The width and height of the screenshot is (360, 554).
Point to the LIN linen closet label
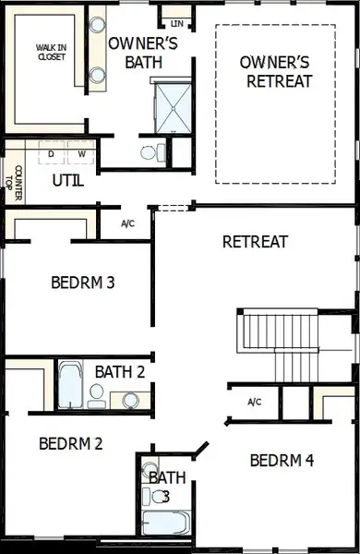coord(176,23)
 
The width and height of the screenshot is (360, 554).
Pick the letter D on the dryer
coord(52,153)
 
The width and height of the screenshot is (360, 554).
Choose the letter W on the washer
coord(81,153)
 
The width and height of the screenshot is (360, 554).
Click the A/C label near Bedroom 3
coord(129,224)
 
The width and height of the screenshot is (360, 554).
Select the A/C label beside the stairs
coord(255,402)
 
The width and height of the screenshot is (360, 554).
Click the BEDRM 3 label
coord(83,282)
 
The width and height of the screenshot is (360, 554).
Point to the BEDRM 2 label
coord(71,443)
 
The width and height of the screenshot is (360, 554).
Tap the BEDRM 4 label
coord(282,460)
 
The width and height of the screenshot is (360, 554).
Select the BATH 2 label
coord(120,371)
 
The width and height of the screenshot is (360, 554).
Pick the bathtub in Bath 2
coord(71,386)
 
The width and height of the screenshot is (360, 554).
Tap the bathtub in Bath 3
coord(165,523)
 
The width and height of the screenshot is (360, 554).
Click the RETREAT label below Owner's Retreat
coord(256,242)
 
